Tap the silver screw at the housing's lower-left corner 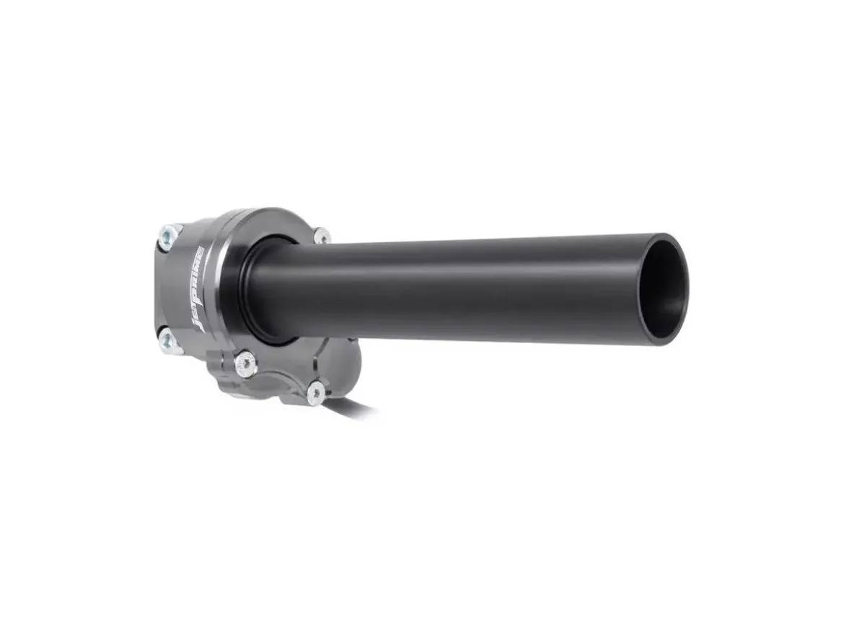[167, 338]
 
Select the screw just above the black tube [322, 235]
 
